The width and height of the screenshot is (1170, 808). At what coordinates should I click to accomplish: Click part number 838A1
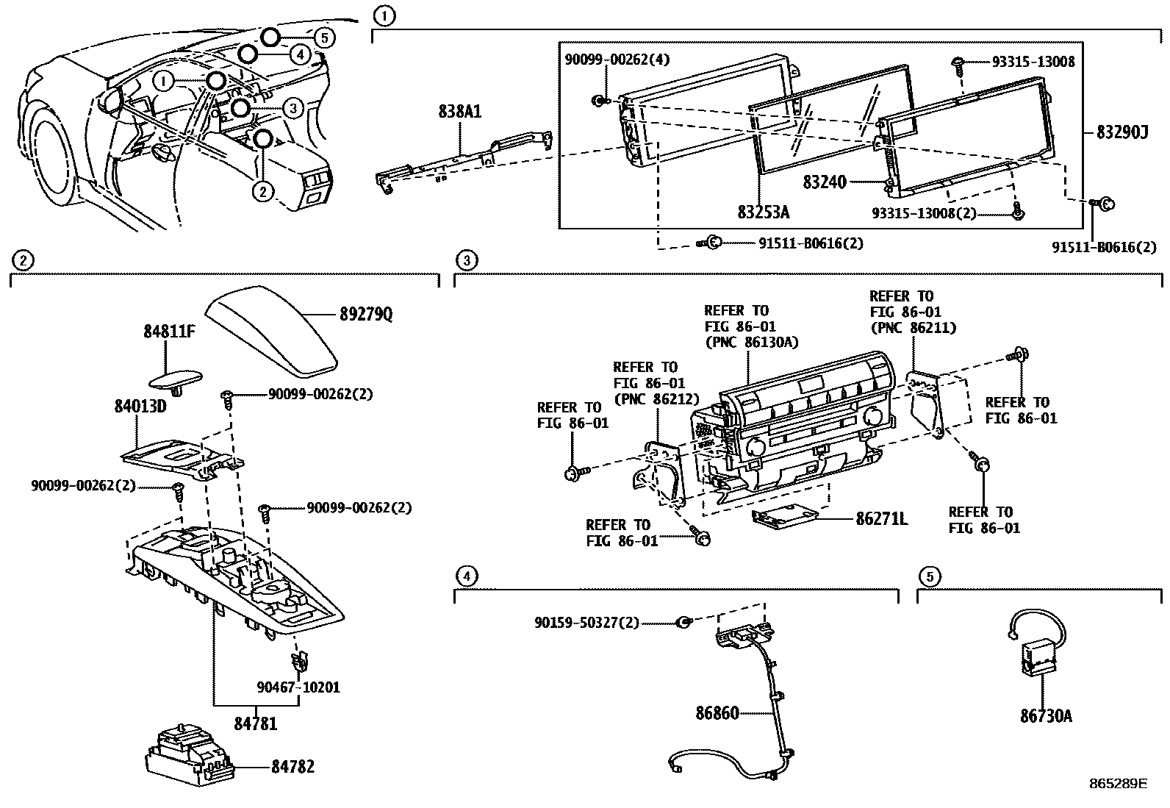(460, 112)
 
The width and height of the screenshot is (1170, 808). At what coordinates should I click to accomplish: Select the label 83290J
(1122, 132)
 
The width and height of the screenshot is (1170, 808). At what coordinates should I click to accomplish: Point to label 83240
(825, 182)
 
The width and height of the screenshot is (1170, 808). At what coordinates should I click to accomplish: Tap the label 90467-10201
(298, 687)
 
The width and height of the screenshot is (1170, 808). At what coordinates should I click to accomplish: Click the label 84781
(256, 723)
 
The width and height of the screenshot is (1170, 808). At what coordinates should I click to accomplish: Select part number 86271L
(881, 519)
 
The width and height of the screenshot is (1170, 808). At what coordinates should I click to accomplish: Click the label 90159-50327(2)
(586, 623)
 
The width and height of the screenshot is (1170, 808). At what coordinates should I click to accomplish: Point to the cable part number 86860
(717, 712)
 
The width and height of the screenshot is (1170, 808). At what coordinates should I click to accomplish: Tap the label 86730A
(1046, 715)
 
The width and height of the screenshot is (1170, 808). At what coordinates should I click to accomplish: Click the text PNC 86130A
(750, 342)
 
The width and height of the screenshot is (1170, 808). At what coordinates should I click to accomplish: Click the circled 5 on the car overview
(324, 37)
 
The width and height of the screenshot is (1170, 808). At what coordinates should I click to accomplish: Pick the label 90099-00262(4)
(617, 58)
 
